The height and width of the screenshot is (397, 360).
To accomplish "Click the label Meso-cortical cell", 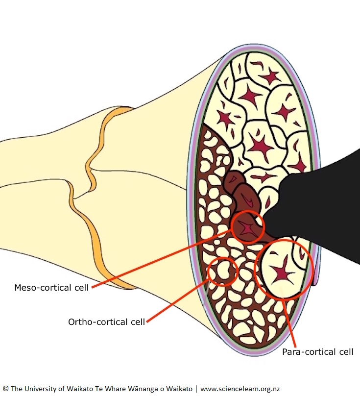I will (x=51, y=288).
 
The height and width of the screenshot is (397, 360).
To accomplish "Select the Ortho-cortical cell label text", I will (x=106, y=322).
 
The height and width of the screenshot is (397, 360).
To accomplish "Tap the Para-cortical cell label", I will (x=317, y=352).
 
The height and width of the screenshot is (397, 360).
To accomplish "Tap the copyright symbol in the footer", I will (x=6, y=389).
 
